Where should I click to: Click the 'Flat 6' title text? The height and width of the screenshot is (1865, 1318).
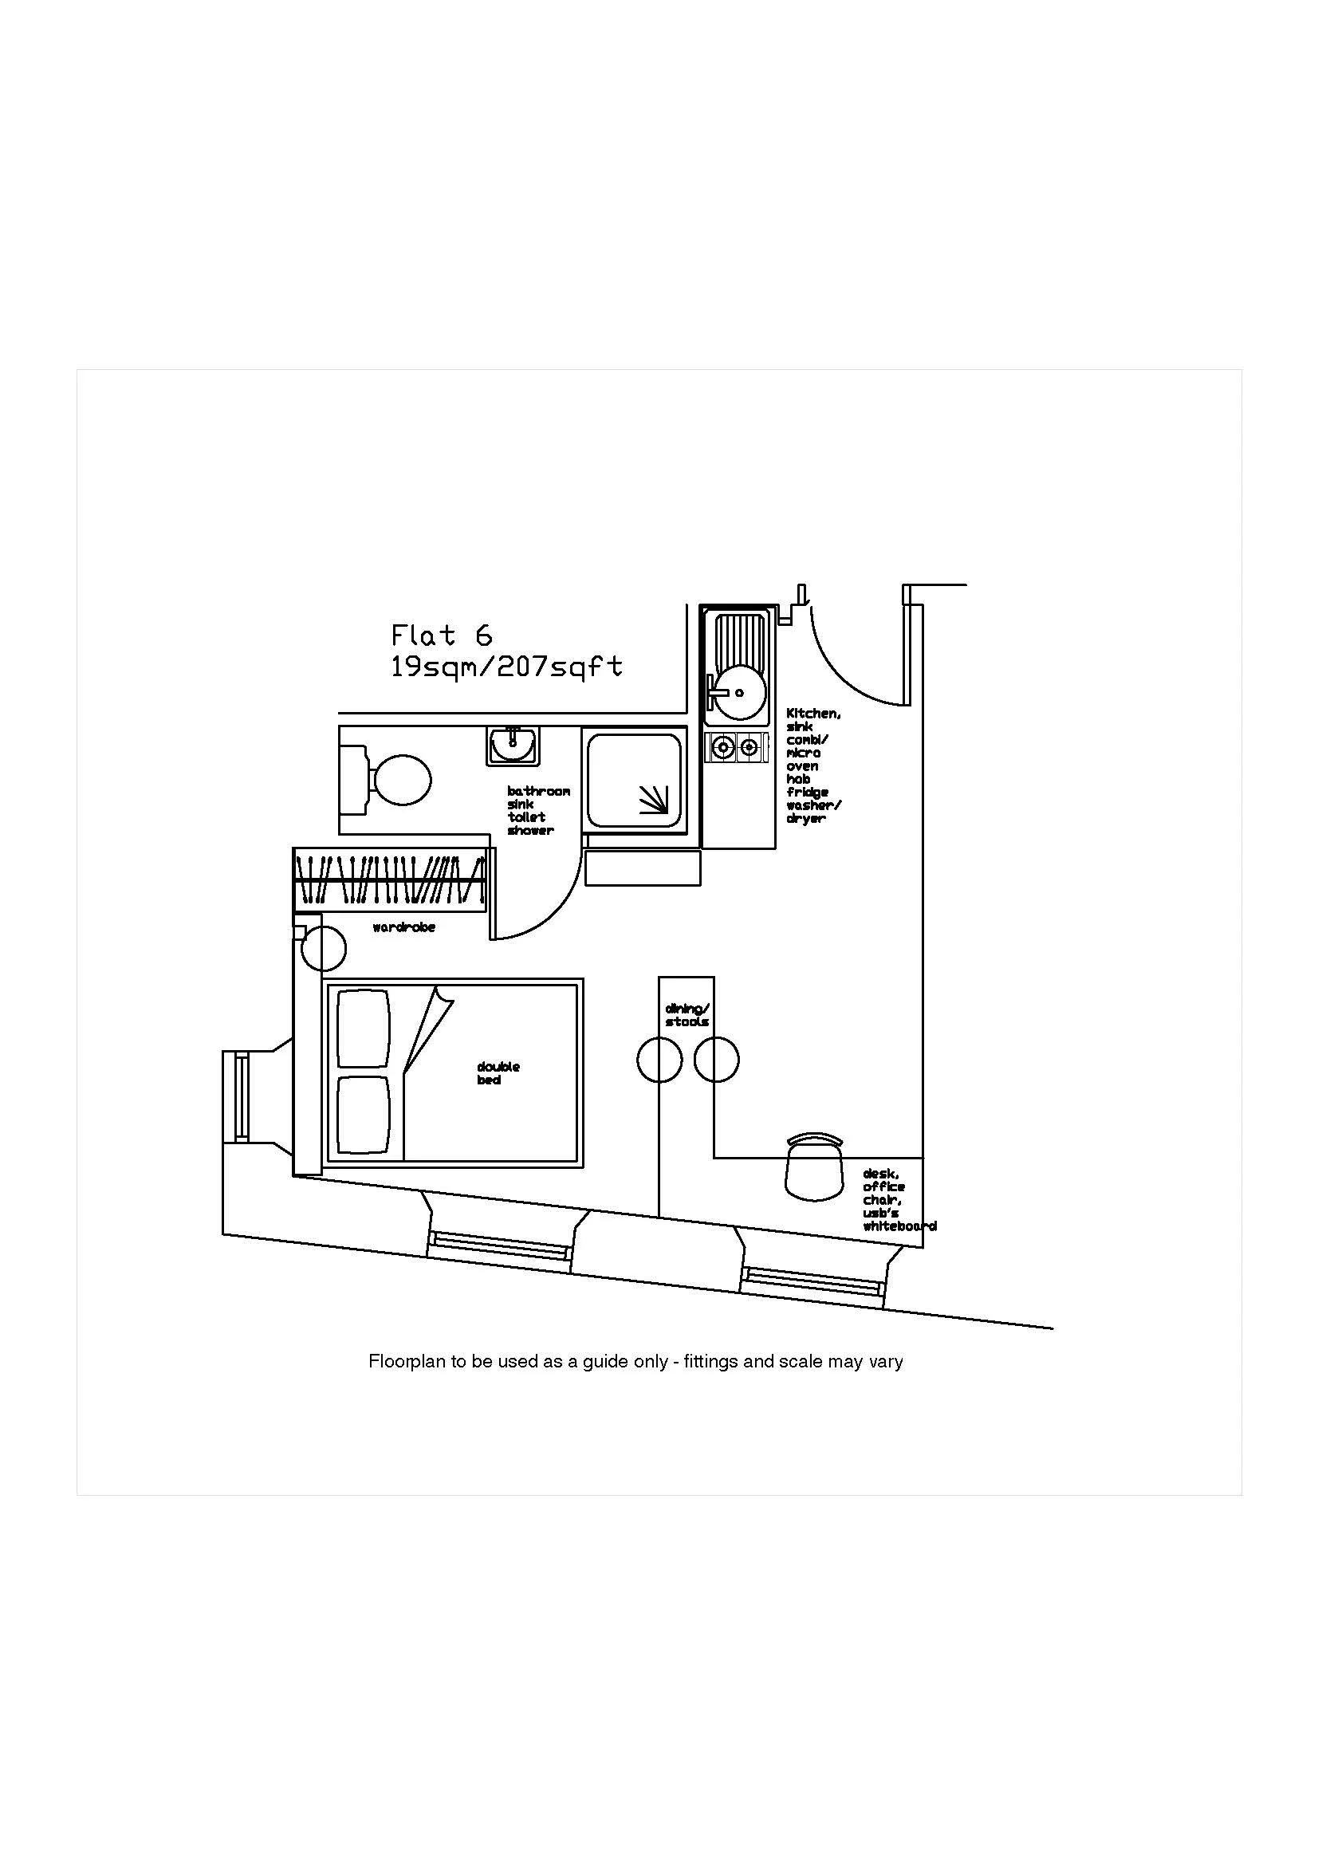tap(442, 635)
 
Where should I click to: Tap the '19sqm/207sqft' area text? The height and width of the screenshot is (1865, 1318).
tap(507, 667)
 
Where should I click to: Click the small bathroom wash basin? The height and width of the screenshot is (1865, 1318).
tap(513, 744)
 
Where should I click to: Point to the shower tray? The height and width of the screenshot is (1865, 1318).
tap(634, 778)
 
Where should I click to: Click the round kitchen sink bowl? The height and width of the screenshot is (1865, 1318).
tap(737, 693)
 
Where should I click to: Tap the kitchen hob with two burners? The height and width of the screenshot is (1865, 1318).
tap(736, 747)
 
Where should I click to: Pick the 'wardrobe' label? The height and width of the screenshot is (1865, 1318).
tap(403, 927)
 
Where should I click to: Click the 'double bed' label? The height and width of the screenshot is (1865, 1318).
tap(498, 1073)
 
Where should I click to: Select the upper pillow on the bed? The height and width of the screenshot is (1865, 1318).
tap(363, 1028)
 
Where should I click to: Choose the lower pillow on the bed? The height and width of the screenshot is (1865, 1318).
tap(363, 1115)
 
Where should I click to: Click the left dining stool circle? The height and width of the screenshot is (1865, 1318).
tap(659, 1060)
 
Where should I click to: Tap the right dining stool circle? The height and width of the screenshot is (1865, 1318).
tap(716, 1060)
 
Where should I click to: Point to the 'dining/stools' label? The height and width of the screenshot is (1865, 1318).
tap(687, 1015)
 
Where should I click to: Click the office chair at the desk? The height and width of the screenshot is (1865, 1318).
tap(815, 1168)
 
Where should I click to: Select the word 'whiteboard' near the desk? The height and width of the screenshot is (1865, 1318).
tap(899, 1226)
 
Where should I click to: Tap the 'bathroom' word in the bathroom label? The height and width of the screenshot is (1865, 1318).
tap(538, 791)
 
